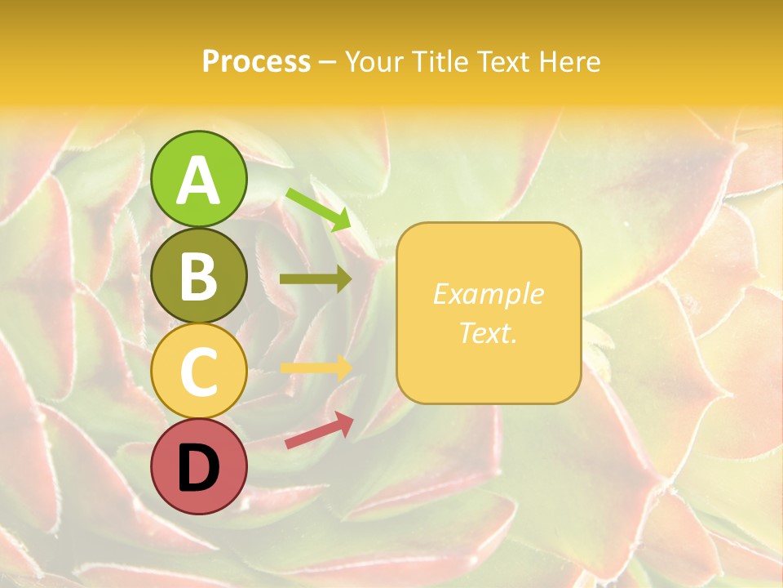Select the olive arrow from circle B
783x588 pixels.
[x=316, y=279]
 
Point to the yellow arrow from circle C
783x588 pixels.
[x=316, y=368]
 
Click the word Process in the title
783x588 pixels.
[x=256, y=62]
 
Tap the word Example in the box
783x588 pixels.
[x=488, y=294]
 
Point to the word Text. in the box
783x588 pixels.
[x=488, y=332]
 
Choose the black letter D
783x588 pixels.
[x=199, y=468]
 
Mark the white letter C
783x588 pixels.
[x=199, y=372]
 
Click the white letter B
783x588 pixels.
[x=199, y=276]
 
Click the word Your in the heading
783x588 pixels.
[x=373, y=62]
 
